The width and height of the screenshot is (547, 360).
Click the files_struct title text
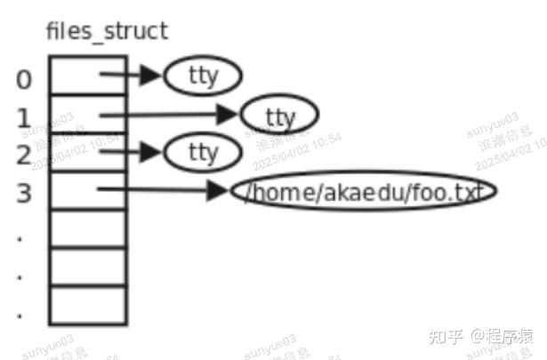point(107,32)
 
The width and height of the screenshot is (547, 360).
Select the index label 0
point(24,80)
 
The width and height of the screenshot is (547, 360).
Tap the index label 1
point(24,117)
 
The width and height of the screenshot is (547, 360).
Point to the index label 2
point(24,154)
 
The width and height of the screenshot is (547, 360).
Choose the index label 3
point(24,192)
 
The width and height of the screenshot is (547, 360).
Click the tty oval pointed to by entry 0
point(203,76)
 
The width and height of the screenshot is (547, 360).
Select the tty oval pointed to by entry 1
point(279,116)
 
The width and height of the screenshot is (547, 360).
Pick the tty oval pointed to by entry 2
point(203,152)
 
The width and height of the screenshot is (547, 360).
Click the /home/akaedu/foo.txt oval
point(362,191)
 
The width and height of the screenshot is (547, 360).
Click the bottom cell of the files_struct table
point(87,304)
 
